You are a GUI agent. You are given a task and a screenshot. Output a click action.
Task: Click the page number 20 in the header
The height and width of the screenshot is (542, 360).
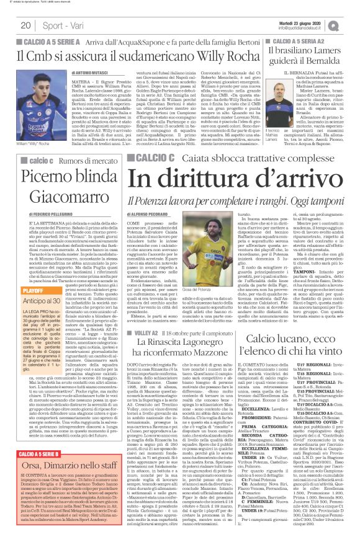[x=25, y=25]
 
